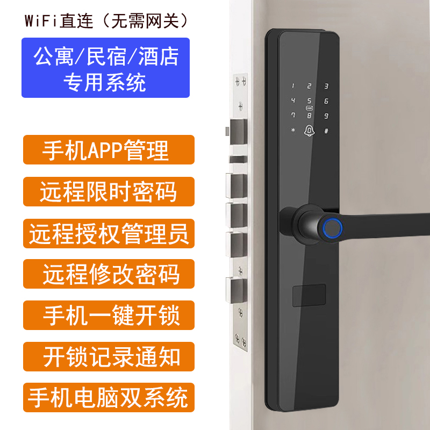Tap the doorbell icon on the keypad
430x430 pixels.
point(309,131)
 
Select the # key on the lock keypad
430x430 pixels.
point(326,131)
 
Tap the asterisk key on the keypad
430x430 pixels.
point(293,130)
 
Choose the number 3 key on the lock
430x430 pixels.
point(326,86)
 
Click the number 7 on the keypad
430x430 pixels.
point(293,114)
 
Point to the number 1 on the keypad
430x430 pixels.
point(293,86)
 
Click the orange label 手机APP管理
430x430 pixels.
point(109,150)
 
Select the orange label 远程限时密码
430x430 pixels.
point(109,191)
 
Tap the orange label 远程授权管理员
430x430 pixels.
point(109,233)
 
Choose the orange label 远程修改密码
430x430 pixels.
point(109,274)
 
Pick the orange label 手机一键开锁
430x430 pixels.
point(109,315)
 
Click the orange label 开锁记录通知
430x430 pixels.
point(109,356)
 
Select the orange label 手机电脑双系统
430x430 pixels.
point(109,397)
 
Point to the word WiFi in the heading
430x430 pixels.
point(41,21)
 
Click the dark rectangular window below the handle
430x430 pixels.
point(309,295)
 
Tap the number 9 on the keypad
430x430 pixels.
point(326,116)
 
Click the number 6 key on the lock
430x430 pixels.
point(326,101)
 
